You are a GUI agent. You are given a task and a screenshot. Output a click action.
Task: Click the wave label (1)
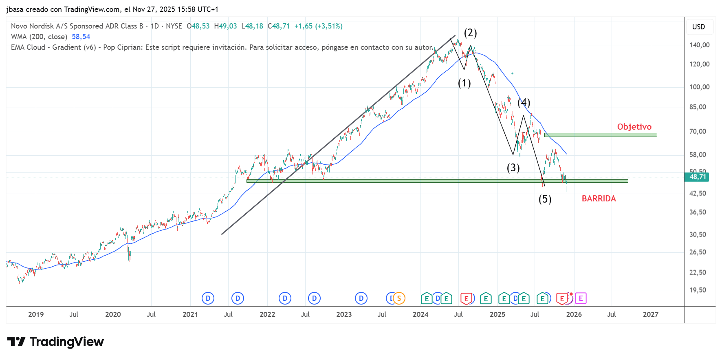[464, 83]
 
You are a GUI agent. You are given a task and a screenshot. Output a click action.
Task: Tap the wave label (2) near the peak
[470, 33]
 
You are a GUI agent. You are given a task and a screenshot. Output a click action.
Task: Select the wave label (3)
[513, 168]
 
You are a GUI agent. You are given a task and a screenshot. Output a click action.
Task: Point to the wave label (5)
[545, 199]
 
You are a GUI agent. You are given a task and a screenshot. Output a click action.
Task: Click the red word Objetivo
[634, 127]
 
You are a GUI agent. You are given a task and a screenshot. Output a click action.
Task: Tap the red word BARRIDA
[599, 199]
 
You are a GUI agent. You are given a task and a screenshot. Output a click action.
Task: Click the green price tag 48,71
[698, 177]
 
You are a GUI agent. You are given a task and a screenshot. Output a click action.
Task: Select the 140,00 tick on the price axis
[699, 45]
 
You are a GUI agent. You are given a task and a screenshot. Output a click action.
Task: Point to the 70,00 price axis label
[698, 131]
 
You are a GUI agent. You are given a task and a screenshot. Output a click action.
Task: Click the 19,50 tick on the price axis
[698, 290]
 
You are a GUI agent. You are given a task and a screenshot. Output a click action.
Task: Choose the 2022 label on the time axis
[267, 314]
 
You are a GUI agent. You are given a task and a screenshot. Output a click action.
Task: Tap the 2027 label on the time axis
[650, 314]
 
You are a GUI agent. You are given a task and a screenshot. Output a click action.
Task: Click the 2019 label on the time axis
[36, 314]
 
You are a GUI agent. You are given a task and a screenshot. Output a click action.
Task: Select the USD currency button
[698, 27]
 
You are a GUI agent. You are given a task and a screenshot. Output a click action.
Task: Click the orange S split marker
[399, 298]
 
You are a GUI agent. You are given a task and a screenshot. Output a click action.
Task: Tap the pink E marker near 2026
[581, 298]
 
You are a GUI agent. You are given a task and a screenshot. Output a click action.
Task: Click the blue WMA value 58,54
[81, 37]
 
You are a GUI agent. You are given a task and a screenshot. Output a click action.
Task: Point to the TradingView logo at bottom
[55, 342]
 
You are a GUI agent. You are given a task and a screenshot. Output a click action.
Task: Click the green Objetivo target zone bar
[600, 135]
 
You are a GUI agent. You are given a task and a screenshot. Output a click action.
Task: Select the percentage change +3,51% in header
[329, 26]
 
